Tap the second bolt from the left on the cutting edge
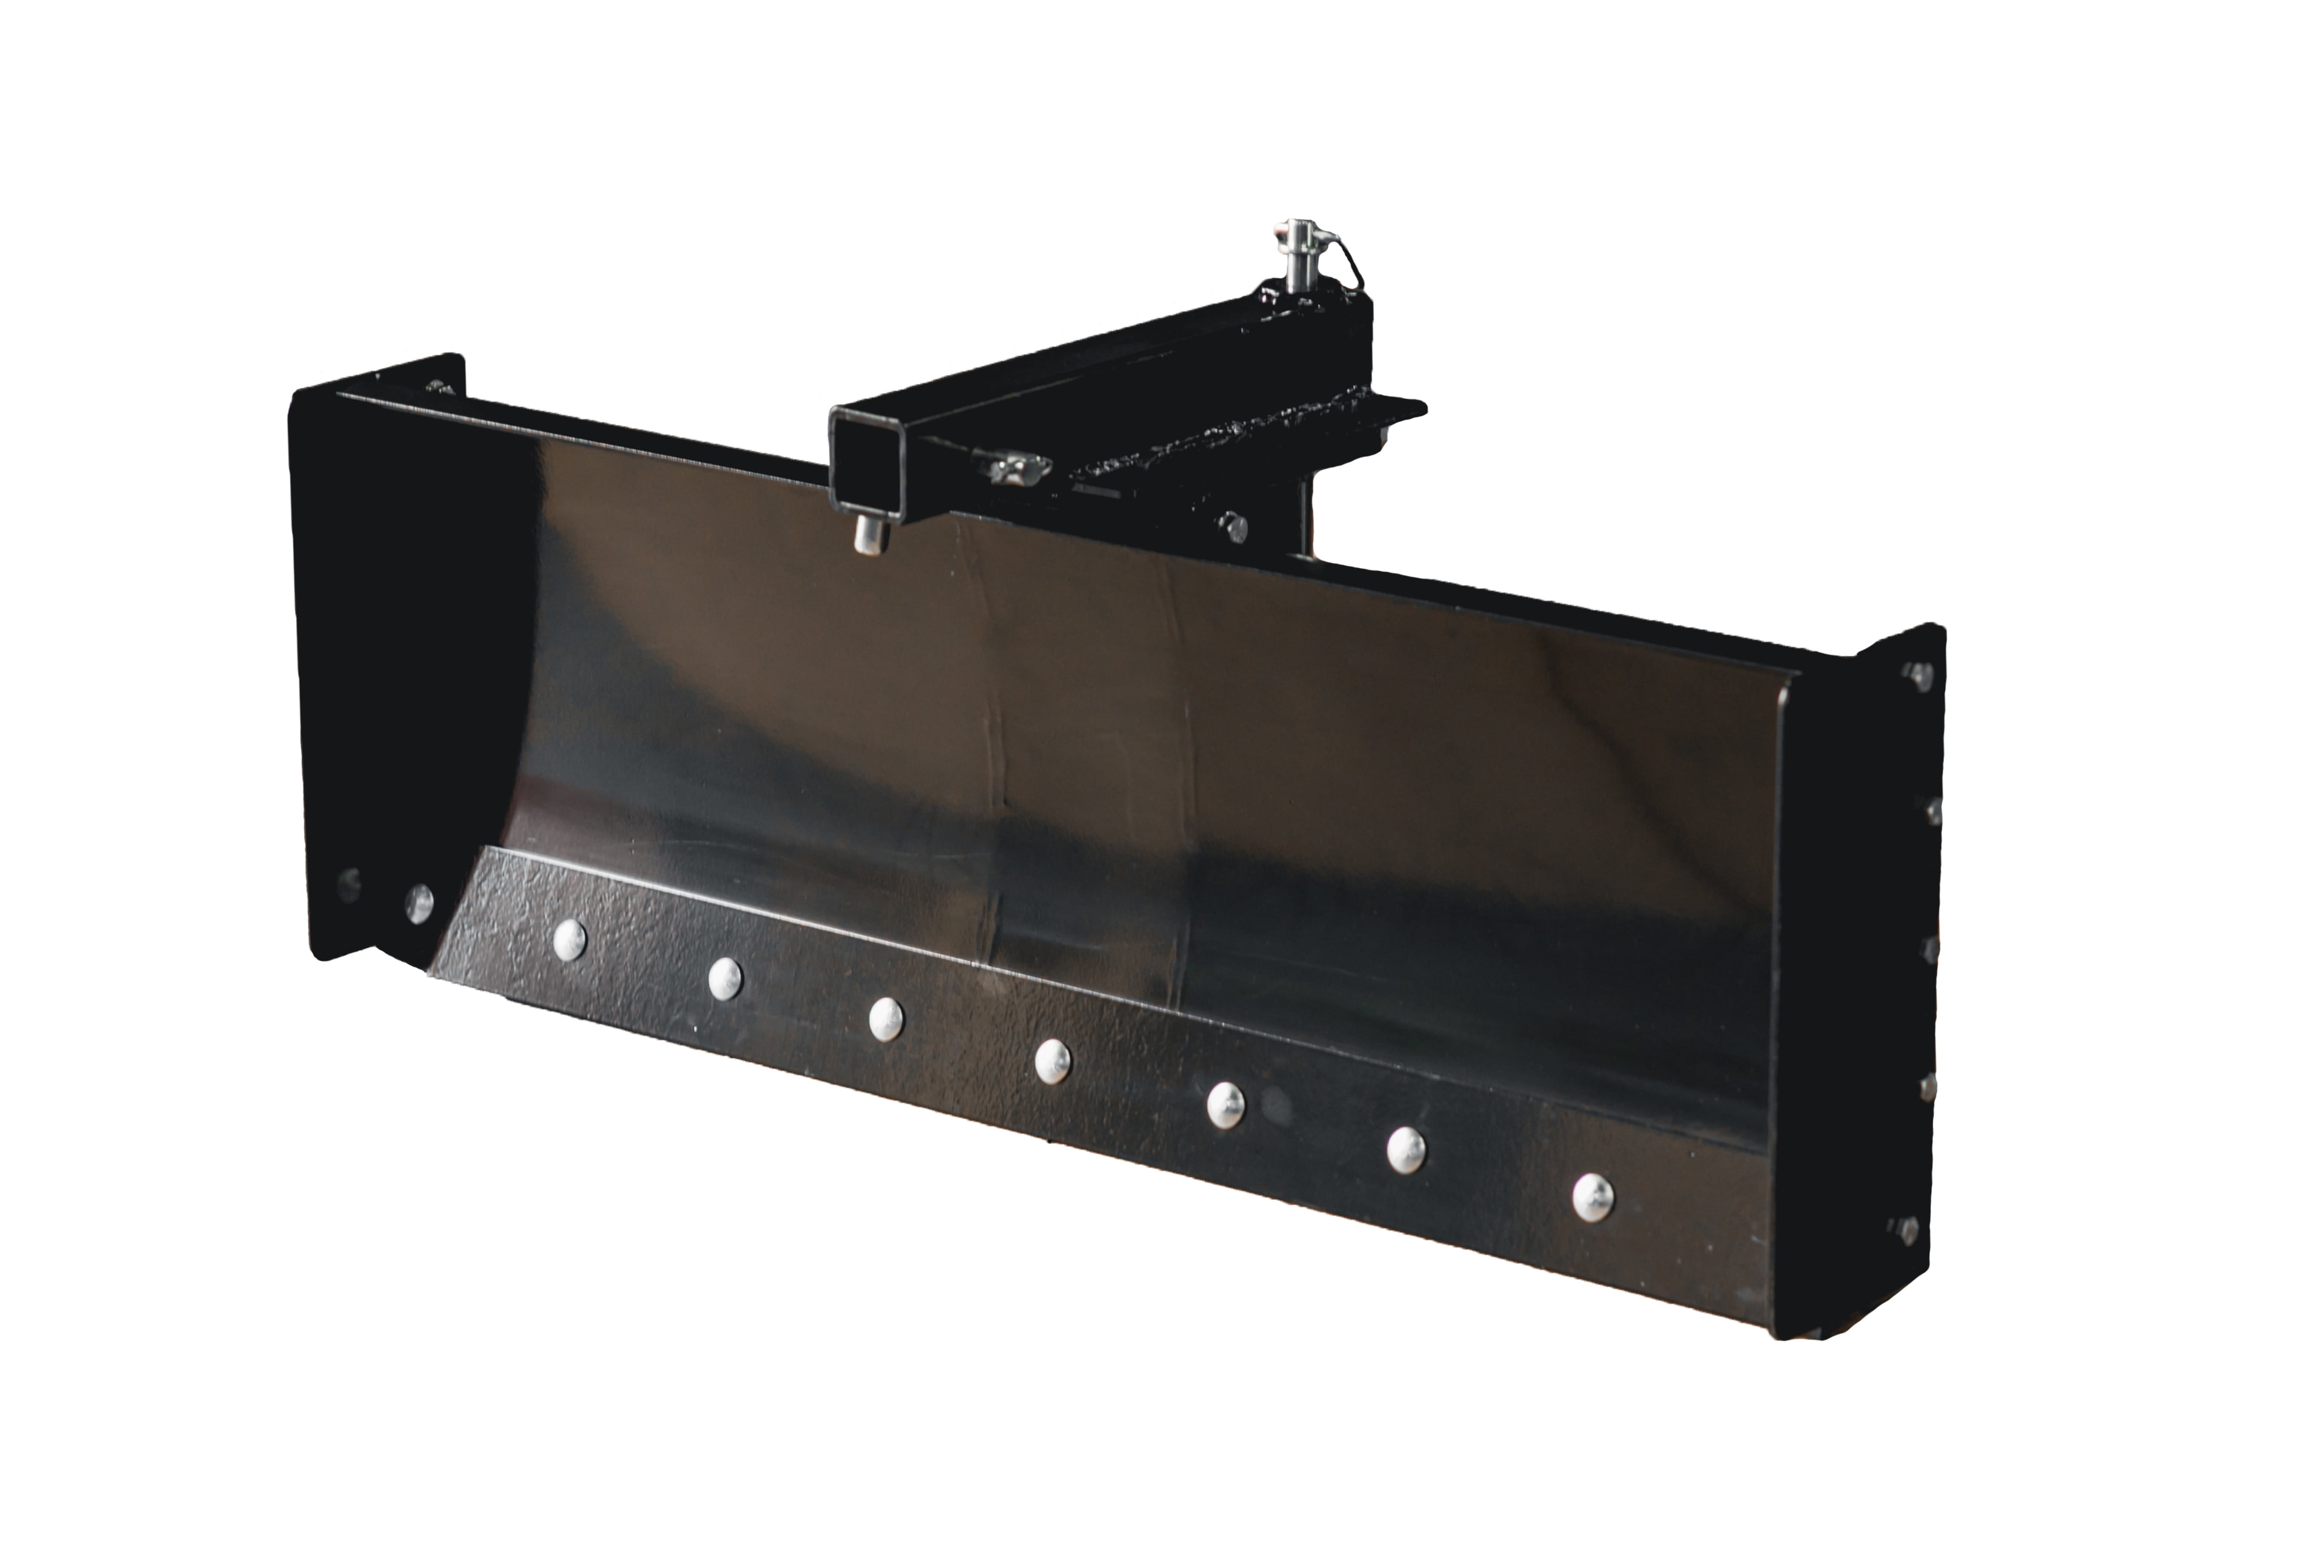tap(724, 976)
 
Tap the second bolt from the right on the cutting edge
tap(1405, 1149)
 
